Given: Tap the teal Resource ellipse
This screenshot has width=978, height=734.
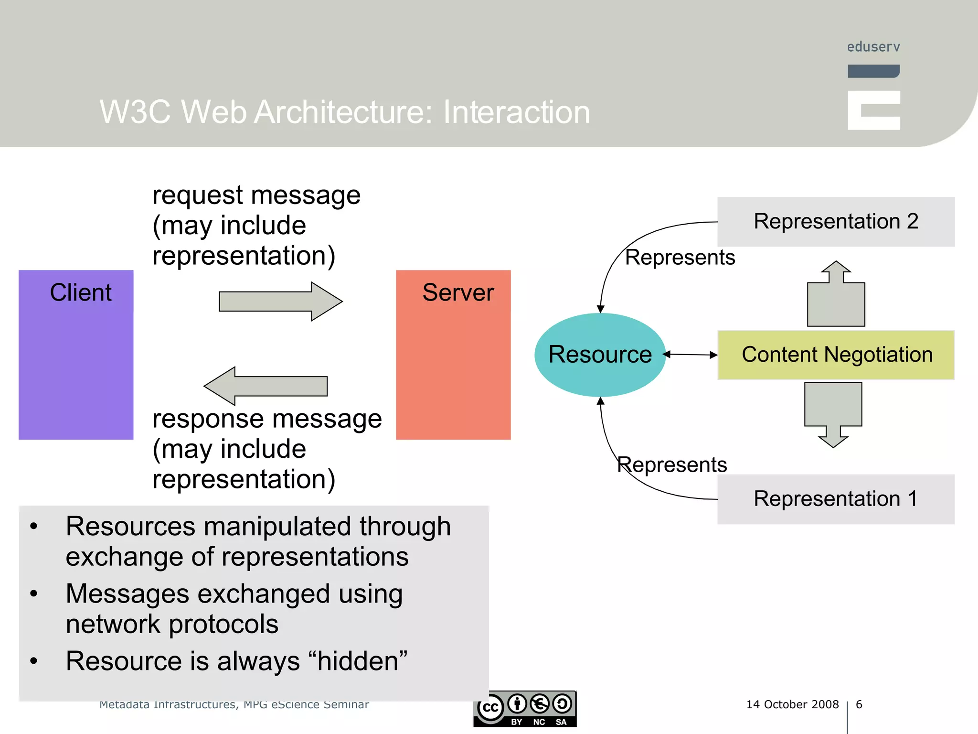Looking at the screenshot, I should tap(600, 355).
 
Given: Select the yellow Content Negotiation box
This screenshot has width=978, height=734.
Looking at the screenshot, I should tap(836, 355).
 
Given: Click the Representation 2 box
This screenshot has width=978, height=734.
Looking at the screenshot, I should tap(836, 222).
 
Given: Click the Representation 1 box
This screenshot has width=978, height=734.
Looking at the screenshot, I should tap(836, 499).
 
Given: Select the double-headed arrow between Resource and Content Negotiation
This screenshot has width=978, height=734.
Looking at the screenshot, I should tap(691, 355).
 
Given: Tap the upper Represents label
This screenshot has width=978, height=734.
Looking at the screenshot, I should tap(680, 258).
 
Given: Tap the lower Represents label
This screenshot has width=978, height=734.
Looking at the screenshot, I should tap(672, 464).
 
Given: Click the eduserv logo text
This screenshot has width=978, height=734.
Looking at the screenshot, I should tap(873, 47).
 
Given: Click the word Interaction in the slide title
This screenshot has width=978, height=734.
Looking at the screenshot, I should tap(516, 112).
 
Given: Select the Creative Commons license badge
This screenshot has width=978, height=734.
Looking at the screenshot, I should tap(525, 709).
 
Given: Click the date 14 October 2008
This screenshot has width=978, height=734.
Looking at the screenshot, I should tap(792, 704).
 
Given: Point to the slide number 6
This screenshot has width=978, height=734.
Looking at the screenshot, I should tap(859, 704).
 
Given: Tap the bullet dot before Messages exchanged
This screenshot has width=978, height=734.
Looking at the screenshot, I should tap(33, 594).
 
